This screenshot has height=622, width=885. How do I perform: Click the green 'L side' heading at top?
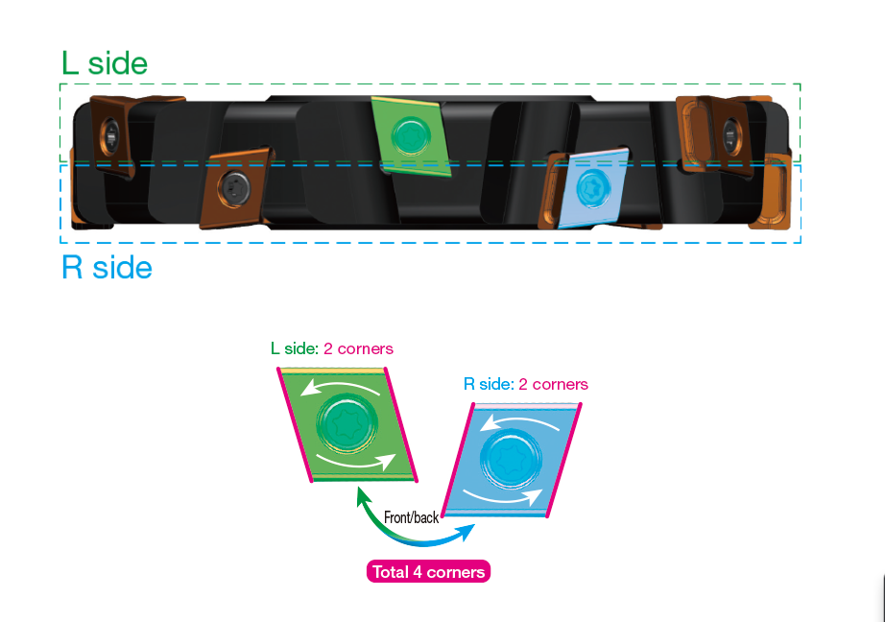104,63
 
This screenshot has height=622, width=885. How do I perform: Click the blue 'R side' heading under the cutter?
107,267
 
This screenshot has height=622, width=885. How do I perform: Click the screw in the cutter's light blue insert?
593,186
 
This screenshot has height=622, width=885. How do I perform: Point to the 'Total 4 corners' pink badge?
428,572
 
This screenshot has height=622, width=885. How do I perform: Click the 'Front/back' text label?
411,517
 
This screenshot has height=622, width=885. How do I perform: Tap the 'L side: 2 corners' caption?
332,348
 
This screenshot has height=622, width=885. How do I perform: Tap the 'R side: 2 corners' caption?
525,384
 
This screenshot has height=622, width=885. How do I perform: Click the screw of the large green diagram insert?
344,422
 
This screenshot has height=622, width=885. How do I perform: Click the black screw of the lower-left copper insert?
234,186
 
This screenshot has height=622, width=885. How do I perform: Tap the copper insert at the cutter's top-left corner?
110,134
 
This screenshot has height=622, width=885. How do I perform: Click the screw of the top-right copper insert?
730,131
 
